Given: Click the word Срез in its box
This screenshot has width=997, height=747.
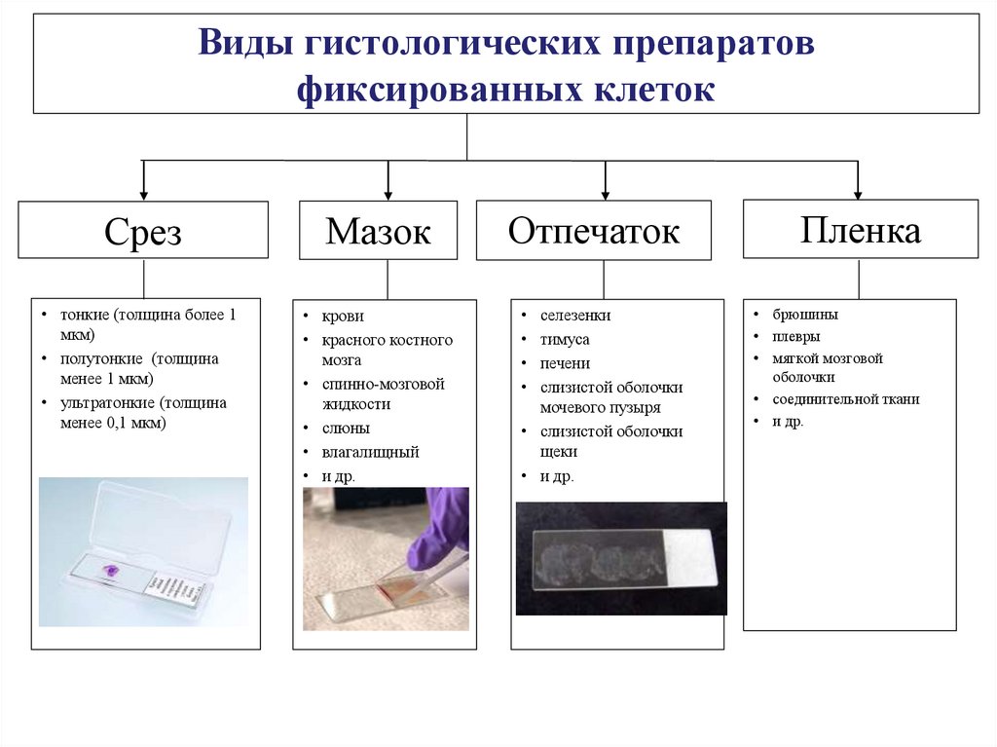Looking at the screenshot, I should pyautogui.click(x=143, y=232).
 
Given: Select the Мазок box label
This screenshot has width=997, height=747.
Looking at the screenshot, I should pyautogui.click(x=378, y=231).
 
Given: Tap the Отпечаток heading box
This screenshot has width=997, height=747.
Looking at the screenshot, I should pyautogui.click(x=593, y=231).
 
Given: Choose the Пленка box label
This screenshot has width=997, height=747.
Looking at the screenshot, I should pyautogui.click(x=861, y=230).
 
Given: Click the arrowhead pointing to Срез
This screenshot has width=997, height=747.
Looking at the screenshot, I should pyautogui.click(x=144, y=193).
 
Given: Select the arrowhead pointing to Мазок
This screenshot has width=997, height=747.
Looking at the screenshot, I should pyautogui.click(x=388, y=193).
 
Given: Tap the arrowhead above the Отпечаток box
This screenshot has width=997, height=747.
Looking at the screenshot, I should pyautogui.click(x=605, y=193).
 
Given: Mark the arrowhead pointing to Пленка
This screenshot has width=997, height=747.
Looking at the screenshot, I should pyautogui.click(x=858, y=193).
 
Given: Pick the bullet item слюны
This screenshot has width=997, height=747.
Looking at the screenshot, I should pyautogui.click(x=346, y=428).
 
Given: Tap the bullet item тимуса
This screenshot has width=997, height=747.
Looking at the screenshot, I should pyautogui.click(x=565, y=340).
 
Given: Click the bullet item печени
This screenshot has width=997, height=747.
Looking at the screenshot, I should pyautogui.click(x=565, y=363).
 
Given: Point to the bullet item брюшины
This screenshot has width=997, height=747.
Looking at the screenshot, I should pyautogui.click(x=805, y=315).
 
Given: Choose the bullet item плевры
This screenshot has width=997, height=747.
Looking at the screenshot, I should pyautogui.click(x=797, y=337).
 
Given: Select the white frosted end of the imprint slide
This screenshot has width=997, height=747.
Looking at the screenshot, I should pyautogui.click(x=688, y=558).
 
